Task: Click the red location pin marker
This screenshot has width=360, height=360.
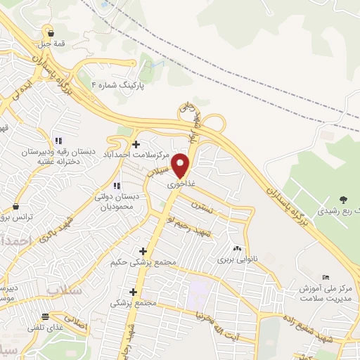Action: point(181,165)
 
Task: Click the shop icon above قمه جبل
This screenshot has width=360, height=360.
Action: point(50,32)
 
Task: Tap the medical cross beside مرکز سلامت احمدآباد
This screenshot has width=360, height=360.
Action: point(136,144)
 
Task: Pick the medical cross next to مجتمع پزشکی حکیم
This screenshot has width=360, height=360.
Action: point(143,251)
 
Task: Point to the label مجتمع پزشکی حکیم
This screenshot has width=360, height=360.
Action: point(142,262)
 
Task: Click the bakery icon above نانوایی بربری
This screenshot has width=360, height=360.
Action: point(236,248)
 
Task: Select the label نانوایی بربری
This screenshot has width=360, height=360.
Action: point(237,259)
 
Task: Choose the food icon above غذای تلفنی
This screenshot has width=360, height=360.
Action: point(45,316)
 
